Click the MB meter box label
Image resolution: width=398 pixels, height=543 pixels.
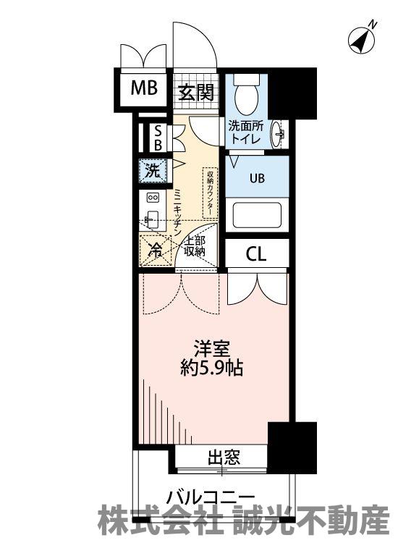(144, 88)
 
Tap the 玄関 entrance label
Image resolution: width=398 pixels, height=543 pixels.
(196, 93)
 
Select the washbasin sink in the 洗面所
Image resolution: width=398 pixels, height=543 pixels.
(278, 132)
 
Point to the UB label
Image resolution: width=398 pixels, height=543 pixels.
(257, 178)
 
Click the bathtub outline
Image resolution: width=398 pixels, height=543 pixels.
(257, 215)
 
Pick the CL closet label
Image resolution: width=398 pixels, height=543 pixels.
(256, 254)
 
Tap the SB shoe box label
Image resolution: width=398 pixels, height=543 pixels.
(158, 138)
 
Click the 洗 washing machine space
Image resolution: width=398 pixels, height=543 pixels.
(153, 170)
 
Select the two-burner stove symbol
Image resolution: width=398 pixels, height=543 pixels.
(153, 198)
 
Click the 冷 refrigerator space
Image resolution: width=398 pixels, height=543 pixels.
(156, 251)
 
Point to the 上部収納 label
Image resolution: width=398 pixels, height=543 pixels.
(195, 247)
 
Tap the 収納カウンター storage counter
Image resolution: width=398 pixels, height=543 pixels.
(209, 193)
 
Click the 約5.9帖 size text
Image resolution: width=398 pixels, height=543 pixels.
(211, 368)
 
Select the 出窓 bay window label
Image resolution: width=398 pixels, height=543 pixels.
(224, 458)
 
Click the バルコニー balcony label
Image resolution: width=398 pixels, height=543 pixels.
(210, 498)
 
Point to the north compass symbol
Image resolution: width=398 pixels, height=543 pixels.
(362, 40)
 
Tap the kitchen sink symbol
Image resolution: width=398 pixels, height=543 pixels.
(151, 219)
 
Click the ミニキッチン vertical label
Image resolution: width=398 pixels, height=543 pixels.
(177, 212)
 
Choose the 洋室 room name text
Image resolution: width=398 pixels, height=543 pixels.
(212, 349)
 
